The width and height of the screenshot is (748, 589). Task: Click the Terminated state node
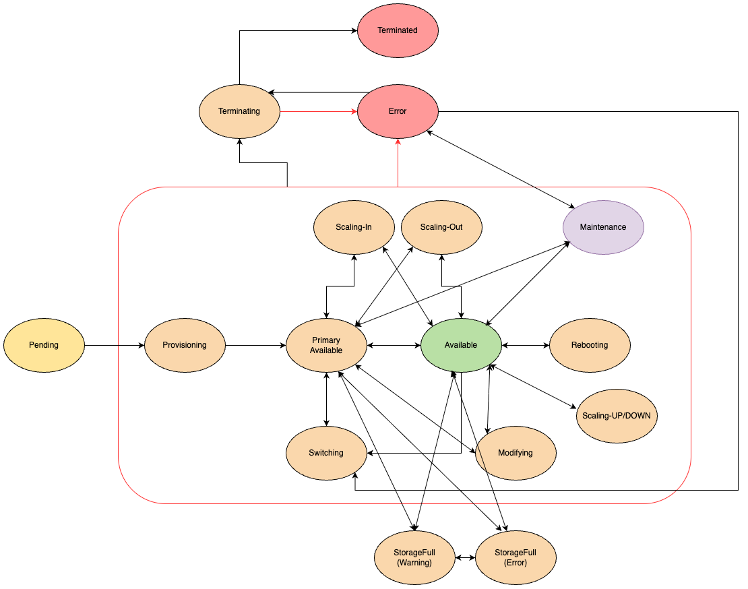398,30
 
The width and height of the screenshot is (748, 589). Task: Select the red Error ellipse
398,111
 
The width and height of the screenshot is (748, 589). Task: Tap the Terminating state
239,111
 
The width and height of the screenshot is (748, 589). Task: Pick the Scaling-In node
354,227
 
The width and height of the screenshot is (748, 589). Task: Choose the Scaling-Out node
441,227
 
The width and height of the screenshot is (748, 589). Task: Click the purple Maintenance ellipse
603,227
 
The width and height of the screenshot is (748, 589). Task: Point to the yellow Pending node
44,345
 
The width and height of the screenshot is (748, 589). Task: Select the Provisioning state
185,345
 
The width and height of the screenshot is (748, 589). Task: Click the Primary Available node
326,345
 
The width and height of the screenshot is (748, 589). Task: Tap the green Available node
461,345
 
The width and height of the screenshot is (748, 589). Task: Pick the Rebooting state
590,345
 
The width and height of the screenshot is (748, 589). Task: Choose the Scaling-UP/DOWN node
617,416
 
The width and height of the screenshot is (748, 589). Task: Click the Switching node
326,453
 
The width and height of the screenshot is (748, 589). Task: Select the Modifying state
516,453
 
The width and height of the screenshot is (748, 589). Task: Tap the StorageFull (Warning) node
414,557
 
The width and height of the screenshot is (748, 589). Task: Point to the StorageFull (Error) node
516,557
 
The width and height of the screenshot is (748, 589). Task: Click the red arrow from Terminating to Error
317,112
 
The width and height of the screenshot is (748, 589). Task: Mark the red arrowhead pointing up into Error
398,142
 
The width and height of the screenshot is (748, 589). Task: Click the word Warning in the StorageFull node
414,563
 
